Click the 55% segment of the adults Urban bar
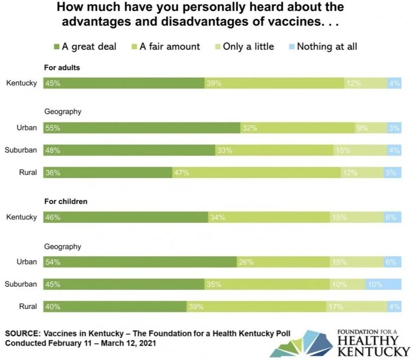point(142,128)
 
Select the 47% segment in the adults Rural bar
point(256,173)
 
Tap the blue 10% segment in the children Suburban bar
point(383,284)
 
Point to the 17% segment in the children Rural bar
point(356,306)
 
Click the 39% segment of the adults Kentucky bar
point(274,83)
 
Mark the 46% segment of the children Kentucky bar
point(126,217)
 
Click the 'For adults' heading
point(62,68)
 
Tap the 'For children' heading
point(66,202)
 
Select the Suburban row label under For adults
point(21,150)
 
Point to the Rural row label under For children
point(28,306)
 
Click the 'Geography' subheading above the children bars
point(63,246)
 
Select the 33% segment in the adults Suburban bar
point(274,150)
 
